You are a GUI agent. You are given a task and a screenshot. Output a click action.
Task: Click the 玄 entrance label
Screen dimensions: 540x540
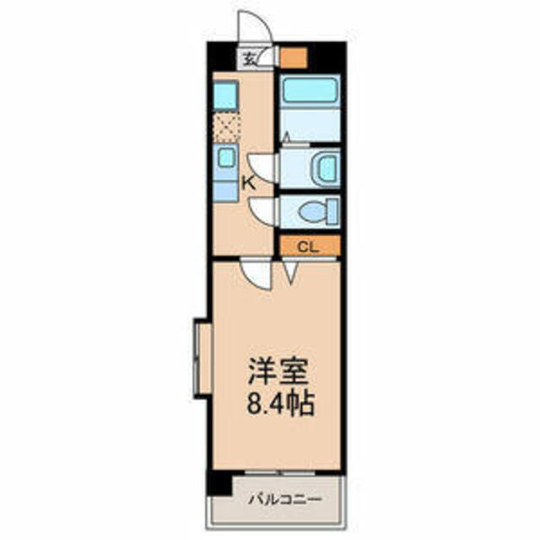click(x=250, y=60)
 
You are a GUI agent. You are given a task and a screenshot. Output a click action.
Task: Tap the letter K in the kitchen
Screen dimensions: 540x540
click(x=249, y=183)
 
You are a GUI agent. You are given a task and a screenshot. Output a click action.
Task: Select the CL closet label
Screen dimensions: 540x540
click(x=308, y=246)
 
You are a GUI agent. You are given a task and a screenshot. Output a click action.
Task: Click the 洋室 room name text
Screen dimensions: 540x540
click(x=278, y=371)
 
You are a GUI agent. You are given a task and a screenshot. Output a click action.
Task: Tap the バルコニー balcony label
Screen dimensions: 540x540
click(x=285, y=499)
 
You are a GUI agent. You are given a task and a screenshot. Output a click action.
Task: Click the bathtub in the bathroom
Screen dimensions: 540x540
click(x=310, y=89)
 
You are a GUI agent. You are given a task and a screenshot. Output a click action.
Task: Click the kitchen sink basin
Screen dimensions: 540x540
click(x=226, y=158)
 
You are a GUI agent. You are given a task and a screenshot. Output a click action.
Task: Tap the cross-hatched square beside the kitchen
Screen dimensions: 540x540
click(x=226, y=129)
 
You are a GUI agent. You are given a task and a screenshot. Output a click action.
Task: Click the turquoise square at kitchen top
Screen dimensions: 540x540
click(x=225, y=95)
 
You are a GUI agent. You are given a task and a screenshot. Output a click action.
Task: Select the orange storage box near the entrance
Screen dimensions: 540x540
click(x=293, y=57)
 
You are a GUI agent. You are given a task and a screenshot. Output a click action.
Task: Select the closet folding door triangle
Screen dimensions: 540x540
click(x=291, y=273)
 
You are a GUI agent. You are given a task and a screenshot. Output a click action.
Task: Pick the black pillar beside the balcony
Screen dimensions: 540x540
click(x=219, y=483)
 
